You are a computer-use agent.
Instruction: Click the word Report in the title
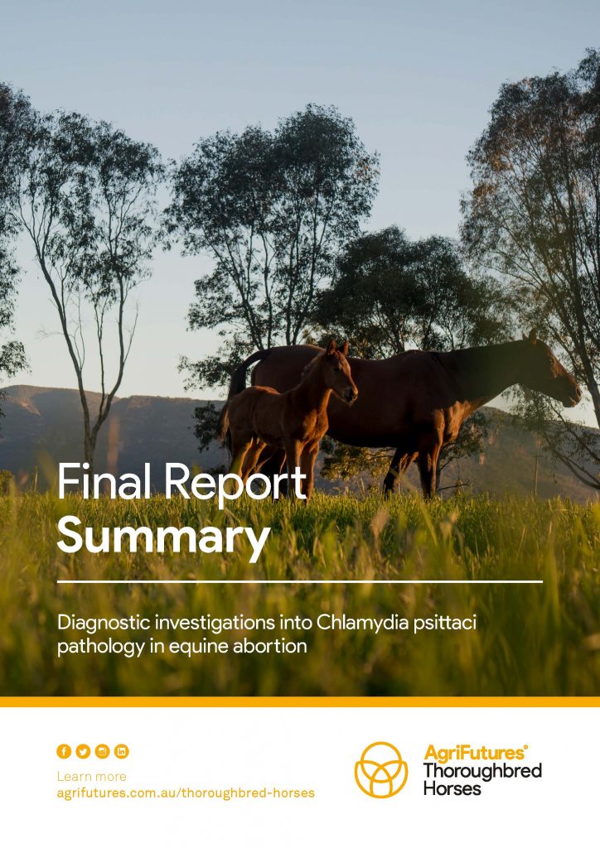coord(235,484)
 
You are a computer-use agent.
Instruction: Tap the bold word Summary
coord(163,536)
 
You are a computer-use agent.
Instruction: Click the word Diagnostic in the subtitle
coord(104,623)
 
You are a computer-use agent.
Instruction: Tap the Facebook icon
coord(64,751)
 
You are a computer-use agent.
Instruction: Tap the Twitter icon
coord(84,751)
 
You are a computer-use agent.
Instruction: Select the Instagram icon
coord(102,751)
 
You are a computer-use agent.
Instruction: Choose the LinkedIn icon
coord(122,751)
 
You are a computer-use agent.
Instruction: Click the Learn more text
coord(91,777)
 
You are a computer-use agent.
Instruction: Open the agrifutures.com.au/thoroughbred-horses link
coord(186,793)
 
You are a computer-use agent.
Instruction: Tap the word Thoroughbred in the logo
coord(482,771)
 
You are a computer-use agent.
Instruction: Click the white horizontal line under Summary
coord(300,582)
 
